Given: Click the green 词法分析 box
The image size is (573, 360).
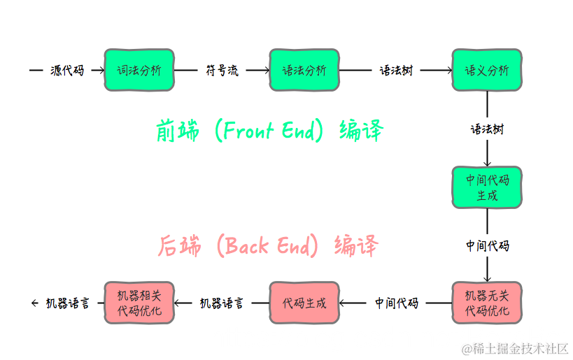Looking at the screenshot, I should tap(139, 70).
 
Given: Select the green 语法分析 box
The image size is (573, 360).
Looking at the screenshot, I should tap(304, 70).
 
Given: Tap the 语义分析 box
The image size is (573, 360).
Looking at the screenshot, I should tap(487, 70).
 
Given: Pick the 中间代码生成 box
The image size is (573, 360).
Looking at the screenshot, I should tap(487, 187).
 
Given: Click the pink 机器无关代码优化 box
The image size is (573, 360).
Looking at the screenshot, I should tap(487, 303).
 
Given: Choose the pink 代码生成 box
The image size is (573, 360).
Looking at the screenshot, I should tap(304, 303).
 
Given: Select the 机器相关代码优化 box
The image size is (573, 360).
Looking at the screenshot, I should tap(139, 303).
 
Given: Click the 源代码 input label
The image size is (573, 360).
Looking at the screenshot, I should tap(67, 71).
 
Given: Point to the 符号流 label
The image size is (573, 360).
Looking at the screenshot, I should tap(222, 71).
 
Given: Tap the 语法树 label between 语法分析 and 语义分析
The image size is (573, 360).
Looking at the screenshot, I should tap(396, 71).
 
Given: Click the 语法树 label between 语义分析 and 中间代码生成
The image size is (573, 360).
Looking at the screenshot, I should tap(487, 129).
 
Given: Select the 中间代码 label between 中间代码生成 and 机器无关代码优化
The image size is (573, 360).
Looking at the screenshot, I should tap(488, 246).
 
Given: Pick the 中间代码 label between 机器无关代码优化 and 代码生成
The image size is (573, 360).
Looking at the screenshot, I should tap(396, 303).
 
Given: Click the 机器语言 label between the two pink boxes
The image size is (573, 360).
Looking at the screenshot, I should tap(222, 303).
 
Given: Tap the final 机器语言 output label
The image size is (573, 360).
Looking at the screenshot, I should tap(67, 303).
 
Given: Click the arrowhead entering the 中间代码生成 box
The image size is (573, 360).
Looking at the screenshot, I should tap(487, 163).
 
